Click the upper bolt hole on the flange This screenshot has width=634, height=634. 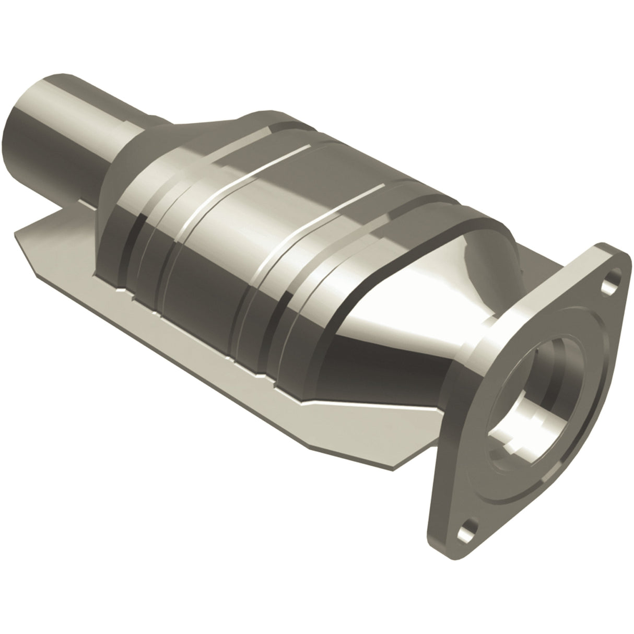608,286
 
